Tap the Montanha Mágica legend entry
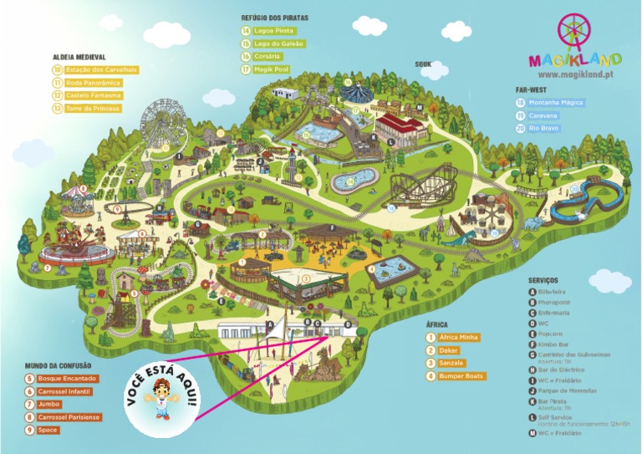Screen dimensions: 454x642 (x=554, y=103)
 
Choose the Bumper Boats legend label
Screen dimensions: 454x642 (x=461, y=376)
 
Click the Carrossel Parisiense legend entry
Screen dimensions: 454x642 (x=69, y=416)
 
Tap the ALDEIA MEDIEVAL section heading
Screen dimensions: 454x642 (x=78, y=58)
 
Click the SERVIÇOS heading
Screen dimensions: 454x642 (x=543, y=280)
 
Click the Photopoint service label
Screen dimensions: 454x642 (x=558, y=302)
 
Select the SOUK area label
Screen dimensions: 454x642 (x=423, y=64)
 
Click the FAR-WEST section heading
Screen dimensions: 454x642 (x=532, y=89)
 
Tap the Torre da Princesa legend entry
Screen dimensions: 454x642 (x=92, y=109)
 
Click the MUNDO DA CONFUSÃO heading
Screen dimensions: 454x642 (x=58, y=365)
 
